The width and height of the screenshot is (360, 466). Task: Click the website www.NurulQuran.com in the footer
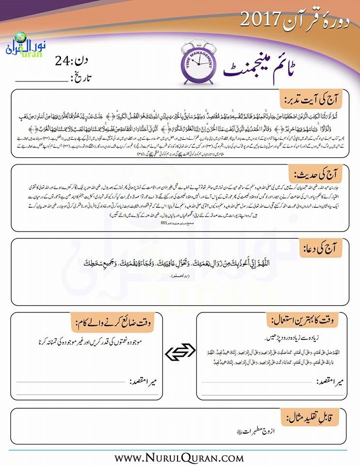(x=180, y=457)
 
